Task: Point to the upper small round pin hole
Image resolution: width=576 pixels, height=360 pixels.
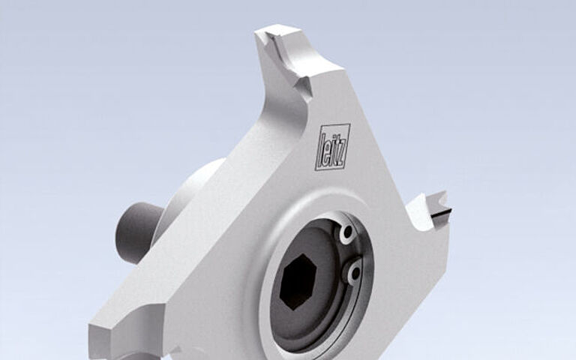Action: click(x=346, y=235)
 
